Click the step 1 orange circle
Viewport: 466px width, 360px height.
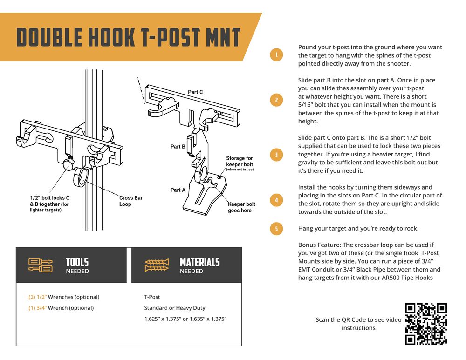276,55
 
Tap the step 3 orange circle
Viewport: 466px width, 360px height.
276,155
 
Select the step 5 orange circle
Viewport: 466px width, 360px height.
276,229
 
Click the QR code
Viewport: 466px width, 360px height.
426,324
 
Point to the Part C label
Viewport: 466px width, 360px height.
195,92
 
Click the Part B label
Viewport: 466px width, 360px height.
178,147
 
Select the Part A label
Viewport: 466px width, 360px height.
178,190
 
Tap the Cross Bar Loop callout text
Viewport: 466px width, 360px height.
131,201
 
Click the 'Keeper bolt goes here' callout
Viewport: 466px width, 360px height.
241,207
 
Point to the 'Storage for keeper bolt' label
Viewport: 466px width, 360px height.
240,162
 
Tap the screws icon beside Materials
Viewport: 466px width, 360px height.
157,265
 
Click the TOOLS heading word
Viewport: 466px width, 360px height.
77,262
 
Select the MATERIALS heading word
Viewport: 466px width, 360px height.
199,262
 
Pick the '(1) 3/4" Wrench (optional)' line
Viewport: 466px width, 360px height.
61,308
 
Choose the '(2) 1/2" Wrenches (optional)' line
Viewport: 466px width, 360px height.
64,297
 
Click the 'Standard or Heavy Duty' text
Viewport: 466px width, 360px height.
175,308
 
